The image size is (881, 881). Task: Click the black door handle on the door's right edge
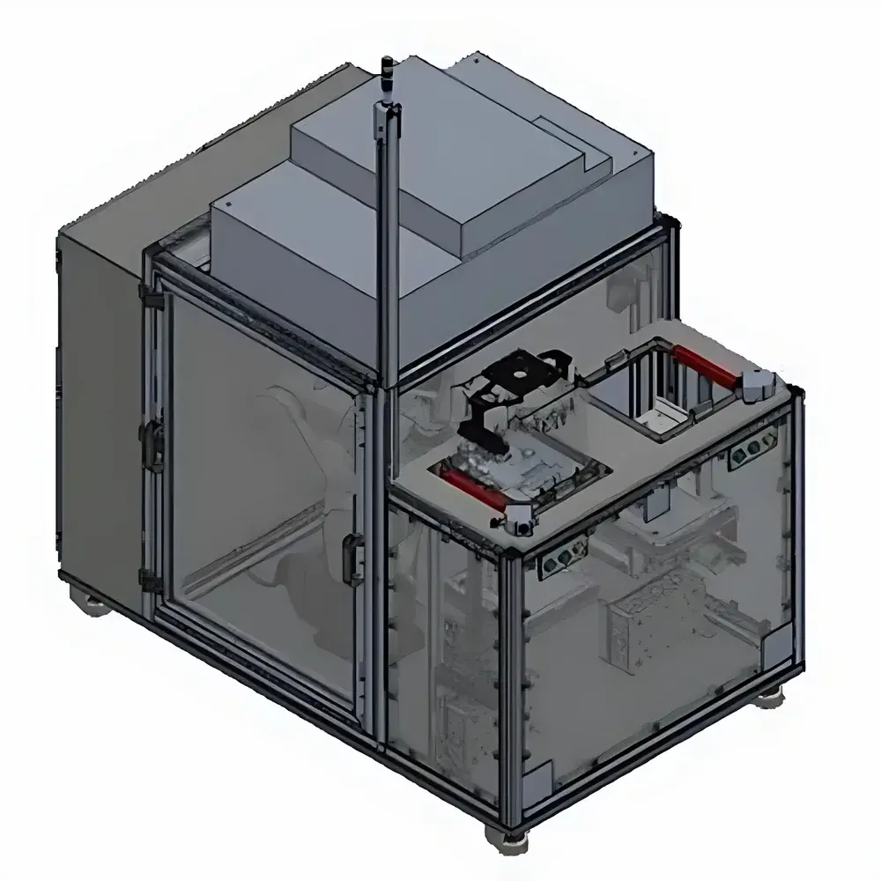click(353, 559)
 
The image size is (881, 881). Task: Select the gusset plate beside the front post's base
click(537, 780)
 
